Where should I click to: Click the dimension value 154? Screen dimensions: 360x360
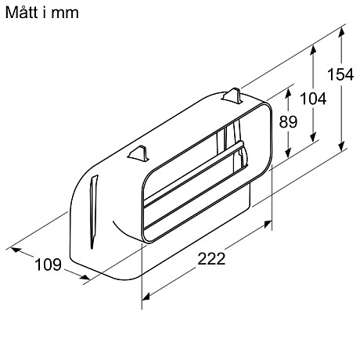(x=340, y=74)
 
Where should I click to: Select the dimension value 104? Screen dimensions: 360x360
(x=314, y=99)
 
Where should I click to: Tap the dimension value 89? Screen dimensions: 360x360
(x=288, y=123)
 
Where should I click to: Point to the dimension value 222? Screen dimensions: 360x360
(x=211, y=259)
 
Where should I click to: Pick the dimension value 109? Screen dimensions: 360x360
(x=48, y=265)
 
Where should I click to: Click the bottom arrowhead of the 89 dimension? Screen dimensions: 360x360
(x=288, y=156)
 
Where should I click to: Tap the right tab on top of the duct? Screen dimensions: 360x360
(x=234, y=95)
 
